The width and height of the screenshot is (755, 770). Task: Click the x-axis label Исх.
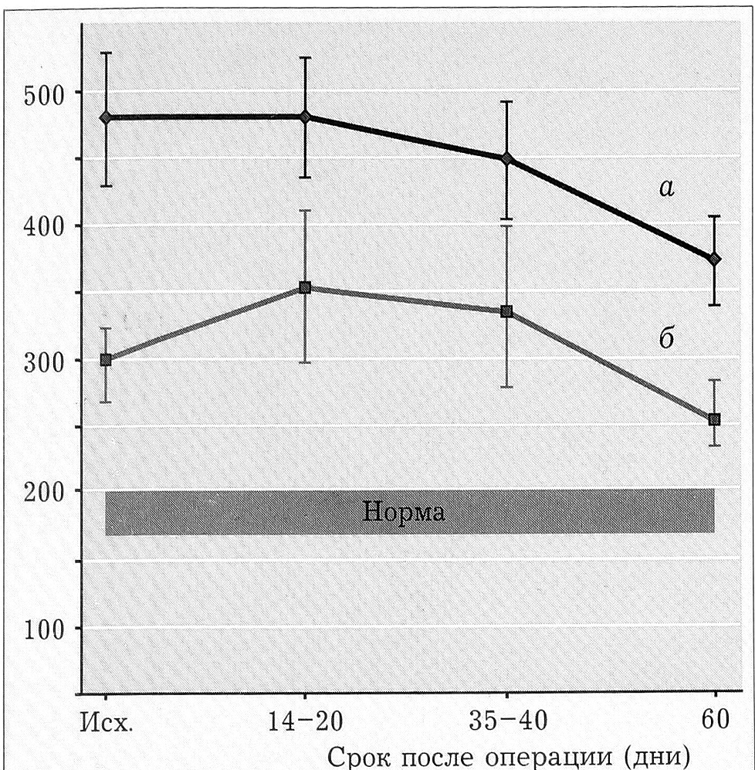[x=107, y=724]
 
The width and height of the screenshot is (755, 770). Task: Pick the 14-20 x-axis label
[x=306, y=724]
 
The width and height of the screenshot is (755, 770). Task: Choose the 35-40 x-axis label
[x=507, y=724]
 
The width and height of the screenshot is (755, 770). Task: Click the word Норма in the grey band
[x=404, y=512]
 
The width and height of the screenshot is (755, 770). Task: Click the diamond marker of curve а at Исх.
[x=106, y=117]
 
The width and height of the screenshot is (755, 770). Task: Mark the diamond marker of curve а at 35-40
[x=507, y=159]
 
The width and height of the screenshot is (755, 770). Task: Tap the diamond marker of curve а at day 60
[x=714, y=259]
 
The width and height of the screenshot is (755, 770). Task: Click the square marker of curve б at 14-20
[x=305, y=288]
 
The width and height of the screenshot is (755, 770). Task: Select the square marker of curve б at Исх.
[x=106, y=360]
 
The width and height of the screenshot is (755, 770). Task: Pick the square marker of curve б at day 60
[x=714, y=419]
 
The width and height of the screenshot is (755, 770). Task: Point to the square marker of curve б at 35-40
[x=507, y=311]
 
